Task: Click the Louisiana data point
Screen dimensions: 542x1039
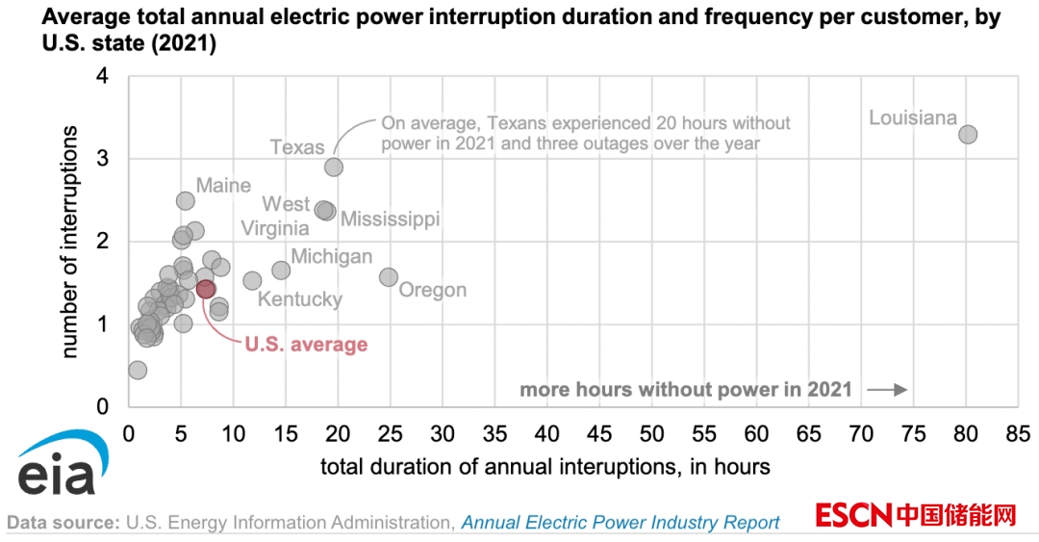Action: coord(968,134)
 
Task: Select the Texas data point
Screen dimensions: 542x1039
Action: coord(334,167)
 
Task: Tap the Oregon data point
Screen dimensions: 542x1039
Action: coord(389,277)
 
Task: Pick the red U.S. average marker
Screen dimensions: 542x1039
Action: coord(205,289)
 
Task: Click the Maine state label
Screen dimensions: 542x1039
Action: coord(223,186)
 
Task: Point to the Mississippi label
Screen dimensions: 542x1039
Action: coord(390,219)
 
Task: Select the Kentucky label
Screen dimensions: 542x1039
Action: coord(299,299)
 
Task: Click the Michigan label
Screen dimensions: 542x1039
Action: coord(331,256)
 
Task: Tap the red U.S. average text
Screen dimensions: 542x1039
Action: coord(306,344)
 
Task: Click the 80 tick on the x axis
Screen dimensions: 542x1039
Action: coord(967,433)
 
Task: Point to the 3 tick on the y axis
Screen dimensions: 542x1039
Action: coord(102,159)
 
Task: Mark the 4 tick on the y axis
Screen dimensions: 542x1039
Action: coord(102,76)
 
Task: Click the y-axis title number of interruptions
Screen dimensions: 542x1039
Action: coord(69,241)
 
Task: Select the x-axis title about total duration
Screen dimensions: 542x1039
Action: coord(545,467)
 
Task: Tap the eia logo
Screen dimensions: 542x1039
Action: coord(55,468)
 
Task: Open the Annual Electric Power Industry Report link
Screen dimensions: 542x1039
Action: coord(621,523)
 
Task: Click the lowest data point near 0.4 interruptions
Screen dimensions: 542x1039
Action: coord(138,370)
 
